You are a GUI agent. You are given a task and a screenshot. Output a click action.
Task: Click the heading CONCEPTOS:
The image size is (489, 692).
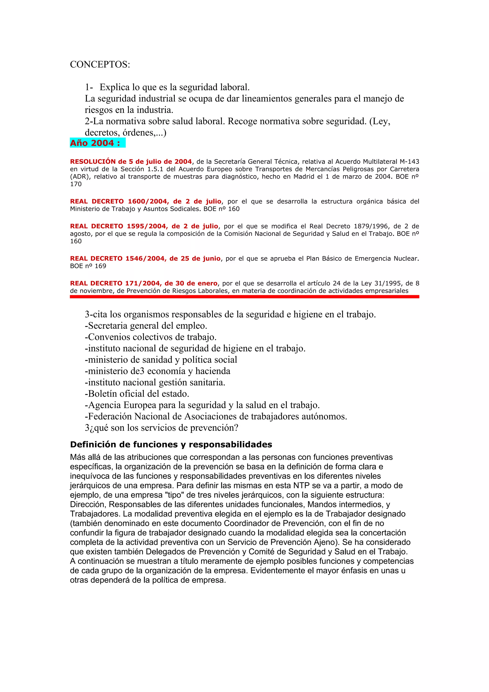click(x=100, y=64)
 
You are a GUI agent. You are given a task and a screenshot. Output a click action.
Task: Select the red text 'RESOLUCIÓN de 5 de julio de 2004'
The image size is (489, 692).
click(x=131, y=162)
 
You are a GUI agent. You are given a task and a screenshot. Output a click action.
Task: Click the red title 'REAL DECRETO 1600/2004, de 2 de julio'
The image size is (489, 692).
click(x=145, y=201)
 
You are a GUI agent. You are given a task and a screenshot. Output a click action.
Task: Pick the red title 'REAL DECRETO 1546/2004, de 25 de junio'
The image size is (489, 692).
click(x=145, y=258)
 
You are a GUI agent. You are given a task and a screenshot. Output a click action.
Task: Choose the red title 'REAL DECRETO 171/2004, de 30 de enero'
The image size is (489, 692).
click(x=144, y=283)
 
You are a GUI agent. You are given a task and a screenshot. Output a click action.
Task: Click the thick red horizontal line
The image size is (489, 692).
click(x=244, y=297)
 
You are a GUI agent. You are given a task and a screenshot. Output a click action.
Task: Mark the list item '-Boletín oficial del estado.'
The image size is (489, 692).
click(x=137, y=394)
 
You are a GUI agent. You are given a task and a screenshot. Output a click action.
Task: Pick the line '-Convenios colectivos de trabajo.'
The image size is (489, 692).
click(x=151, y=337)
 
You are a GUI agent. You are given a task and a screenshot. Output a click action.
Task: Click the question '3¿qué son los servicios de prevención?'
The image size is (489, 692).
click(x=161, y=428)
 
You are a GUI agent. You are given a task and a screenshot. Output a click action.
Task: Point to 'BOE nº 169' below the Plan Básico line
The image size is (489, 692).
click(x=88, y=266)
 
